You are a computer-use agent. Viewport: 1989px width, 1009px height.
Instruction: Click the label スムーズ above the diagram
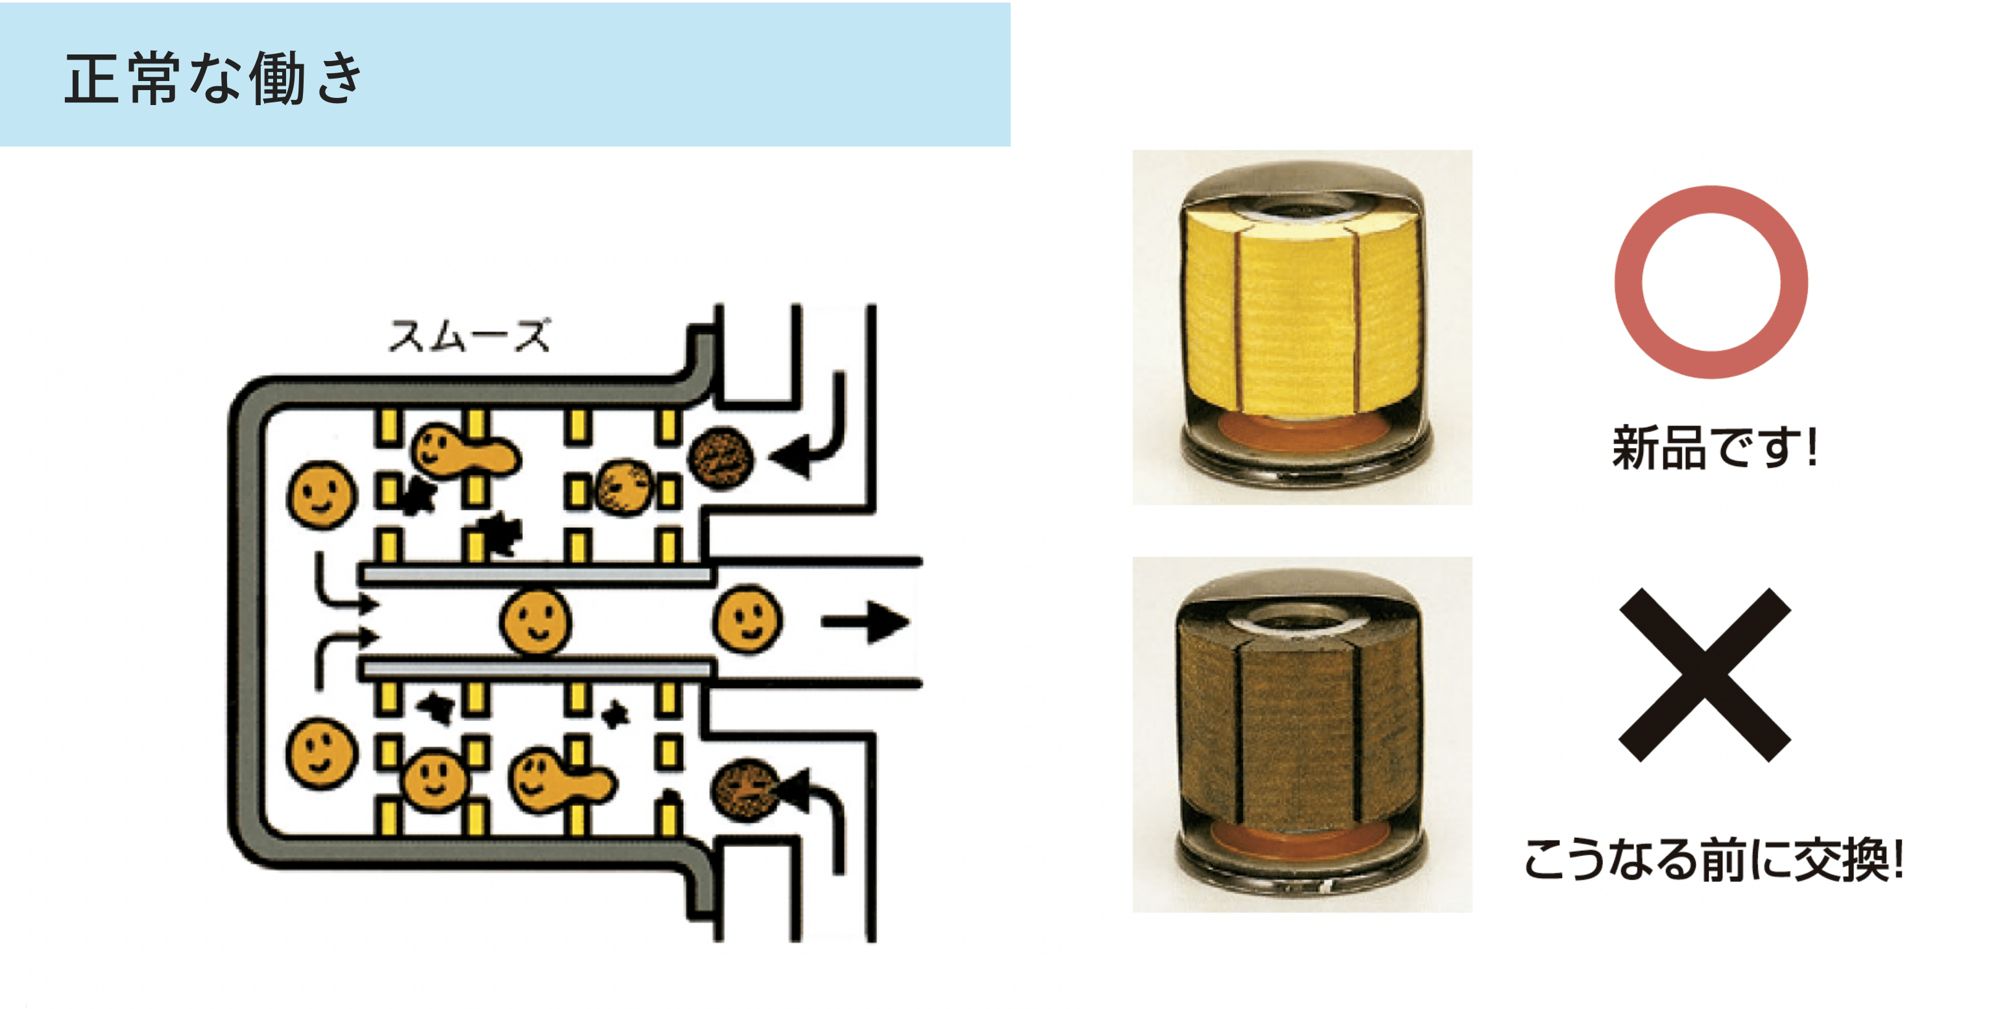[470, 336]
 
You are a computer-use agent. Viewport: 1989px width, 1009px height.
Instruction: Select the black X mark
[1704, 675]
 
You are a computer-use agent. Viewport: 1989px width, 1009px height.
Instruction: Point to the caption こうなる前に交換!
[1713, 859]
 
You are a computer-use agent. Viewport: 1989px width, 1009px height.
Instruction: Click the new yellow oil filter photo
[1302, 327]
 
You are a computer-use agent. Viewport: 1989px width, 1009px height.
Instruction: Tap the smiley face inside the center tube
[536, 621]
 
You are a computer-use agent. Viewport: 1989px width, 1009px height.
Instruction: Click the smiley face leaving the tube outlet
[747, 620]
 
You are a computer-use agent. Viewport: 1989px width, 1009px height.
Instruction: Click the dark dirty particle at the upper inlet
[719, 457]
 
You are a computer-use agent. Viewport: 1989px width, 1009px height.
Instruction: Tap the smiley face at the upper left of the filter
[322, 495]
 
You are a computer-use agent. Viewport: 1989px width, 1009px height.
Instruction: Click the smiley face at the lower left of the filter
[322, 754]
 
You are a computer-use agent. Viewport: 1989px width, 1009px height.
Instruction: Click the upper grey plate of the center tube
[536, 575]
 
